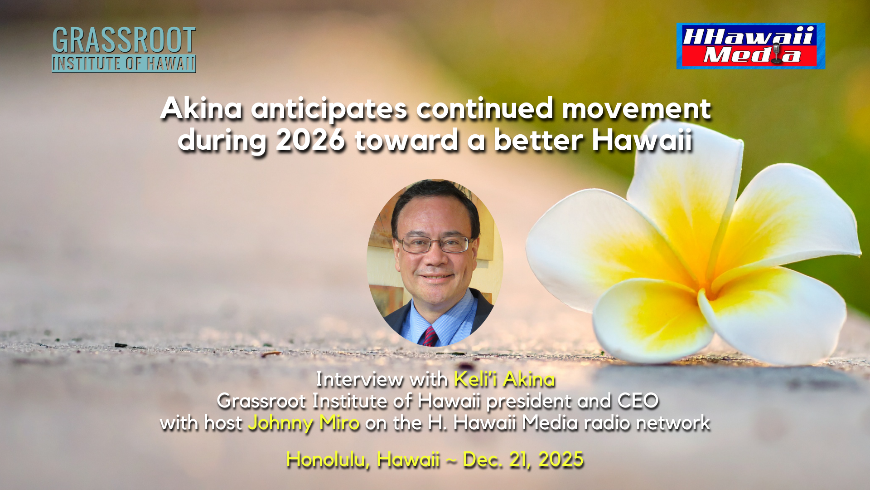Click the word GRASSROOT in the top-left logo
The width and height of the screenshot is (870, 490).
coord(124,40)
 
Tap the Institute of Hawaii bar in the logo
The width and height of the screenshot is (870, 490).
coord(124,64)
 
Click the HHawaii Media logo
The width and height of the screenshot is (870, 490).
coord(751,46)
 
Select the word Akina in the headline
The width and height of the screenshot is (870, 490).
coord(201,109)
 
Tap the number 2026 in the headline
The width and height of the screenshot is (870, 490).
coord(310,140)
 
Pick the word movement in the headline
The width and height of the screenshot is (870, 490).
coord(637,109)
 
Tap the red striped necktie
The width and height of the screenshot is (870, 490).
coord(430,336)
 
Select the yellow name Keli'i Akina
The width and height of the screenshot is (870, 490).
coord(504,379)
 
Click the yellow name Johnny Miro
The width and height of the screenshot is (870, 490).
coord(304,423)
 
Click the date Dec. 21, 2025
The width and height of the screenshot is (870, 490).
coord(523,460)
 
